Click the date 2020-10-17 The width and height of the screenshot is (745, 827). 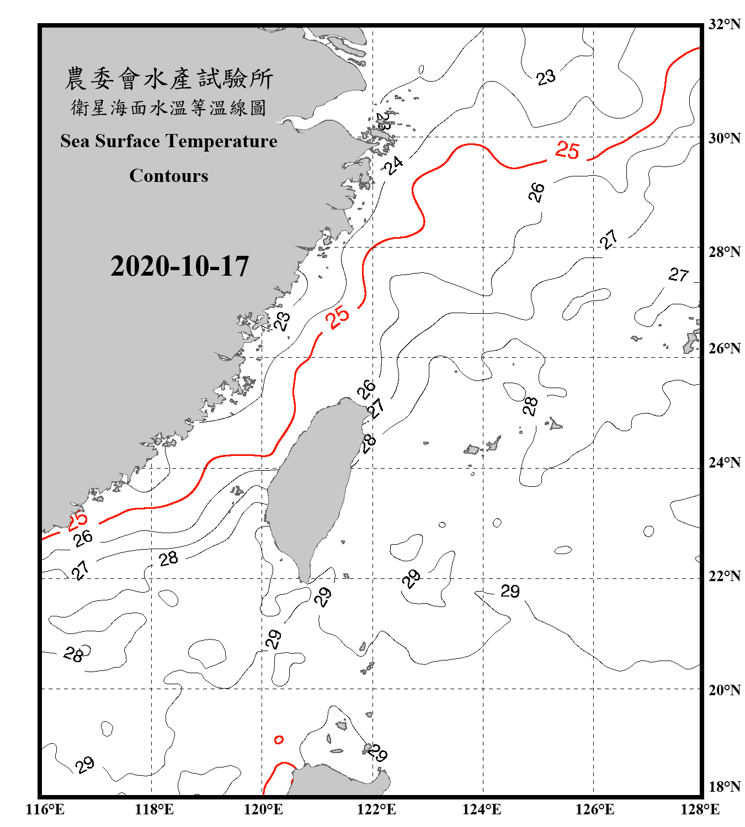point(179,266)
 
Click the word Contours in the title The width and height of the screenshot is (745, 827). point(169,176)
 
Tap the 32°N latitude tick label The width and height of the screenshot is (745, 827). point(724,24)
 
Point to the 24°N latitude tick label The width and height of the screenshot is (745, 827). point(724,463)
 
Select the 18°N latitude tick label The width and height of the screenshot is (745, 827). point(724,787)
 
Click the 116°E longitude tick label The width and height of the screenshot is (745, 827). point(45,809)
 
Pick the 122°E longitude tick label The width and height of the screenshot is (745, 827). point(376,809)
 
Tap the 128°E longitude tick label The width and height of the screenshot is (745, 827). point(700,809)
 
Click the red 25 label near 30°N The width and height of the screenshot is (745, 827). point(567,150)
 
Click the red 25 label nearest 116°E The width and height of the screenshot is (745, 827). point(77,520)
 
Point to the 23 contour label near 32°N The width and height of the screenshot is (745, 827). point(546,77)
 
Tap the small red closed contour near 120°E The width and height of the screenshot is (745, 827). point(279,739)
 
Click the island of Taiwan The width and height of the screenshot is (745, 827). point(312,485)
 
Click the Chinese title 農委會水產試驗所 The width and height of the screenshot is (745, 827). point(169,79)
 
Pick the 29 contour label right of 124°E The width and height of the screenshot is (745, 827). point(510,591)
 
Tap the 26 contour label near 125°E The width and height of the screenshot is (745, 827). point(536,192)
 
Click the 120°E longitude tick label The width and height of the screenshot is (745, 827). point(263,809)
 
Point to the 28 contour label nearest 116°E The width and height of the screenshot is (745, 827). point(73,654)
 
